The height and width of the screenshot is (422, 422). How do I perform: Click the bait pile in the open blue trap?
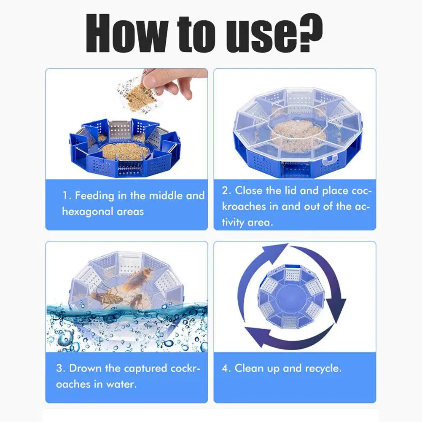coord(125,151)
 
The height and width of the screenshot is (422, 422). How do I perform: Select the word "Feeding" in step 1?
coord(94,196)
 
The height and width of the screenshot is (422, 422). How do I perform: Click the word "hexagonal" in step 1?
coord(87,212)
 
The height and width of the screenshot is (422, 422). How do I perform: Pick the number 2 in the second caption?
coord(226,191)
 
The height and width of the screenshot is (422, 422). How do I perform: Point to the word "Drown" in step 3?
coord(85,368)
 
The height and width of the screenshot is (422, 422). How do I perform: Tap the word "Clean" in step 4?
coord(249,368)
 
